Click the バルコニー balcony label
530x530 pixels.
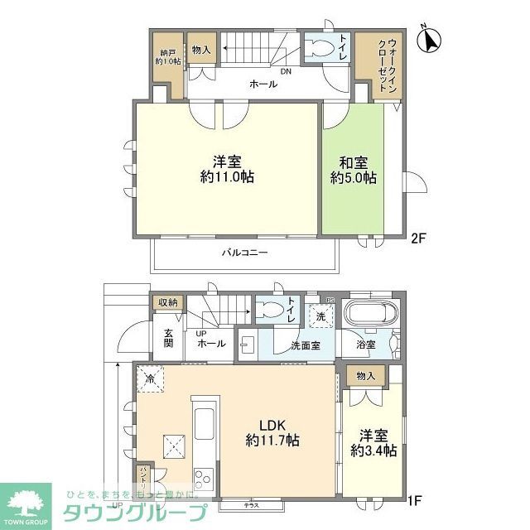click(243, 253)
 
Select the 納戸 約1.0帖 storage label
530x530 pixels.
click(166, 55)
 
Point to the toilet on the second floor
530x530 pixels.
click(318, 48)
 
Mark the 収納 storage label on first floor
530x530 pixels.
click(166, 302)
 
